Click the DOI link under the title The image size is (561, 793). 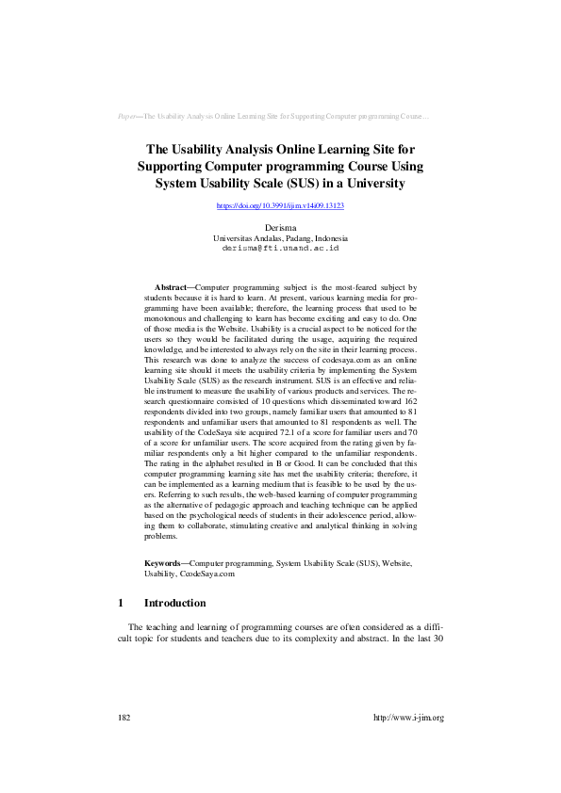280,205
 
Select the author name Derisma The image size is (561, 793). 280,228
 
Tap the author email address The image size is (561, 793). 280,248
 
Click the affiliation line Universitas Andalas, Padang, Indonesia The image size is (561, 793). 280,238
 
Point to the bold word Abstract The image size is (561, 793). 171,285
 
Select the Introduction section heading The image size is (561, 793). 174,603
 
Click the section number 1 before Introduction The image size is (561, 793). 121,603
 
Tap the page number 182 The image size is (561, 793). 124,718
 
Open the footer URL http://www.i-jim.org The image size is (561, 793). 408,718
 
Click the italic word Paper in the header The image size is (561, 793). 128,117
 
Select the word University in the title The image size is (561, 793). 375,184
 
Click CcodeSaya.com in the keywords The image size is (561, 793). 206,573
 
